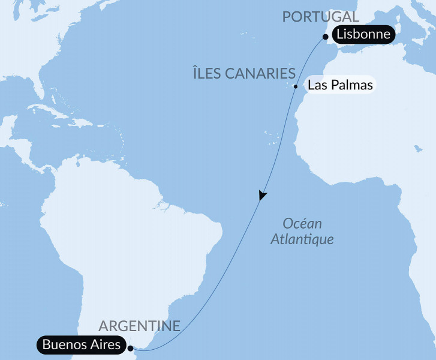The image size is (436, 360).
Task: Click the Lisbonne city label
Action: coord(365,35)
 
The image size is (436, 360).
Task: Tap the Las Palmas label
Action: coord(339,85)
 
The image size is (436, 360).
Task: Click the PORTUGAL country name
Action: coord(321,17)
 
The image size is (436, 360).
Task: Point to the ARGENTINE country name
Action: coord(139,326)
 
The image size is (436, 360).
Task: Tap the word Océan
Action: coord(302,224)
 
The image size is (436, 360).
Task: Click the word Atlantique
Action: coord(302,239)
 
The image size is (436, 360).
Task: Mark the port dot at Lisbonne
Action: coord(325,36)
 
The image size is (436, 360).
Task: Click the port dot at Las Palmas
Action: coord(296,86)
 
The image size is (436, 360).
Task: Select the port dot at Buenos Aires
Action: coord(130,346)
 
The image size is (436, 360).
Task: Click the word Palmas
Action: coord(351,85)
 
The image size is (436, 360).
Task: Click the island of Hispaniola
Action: coord(80,122)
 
